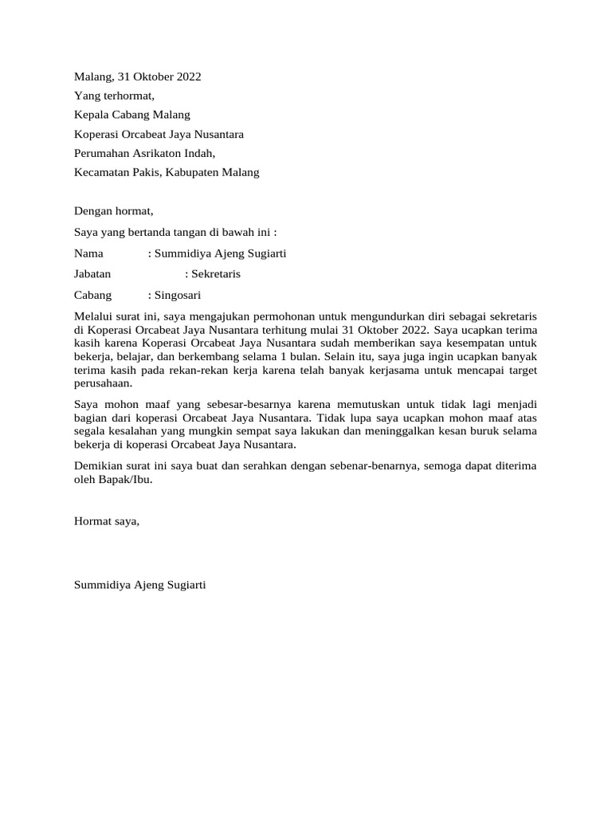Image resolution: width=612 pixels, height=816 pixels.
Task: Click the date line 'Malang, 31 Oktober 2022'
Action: tap(137, 77)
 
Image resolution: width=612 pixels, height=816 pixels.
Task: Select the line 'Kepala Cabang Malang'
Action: tap(132, 115)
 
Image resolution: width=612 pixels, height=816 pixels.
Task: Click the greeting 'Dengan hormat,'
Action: tap(113, 211)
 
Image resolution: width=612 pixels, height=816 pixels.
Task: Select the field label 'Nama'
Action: tap(89, 254)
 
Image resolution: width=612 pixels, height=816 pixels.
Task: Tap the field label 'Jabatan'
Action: tap(92, 274)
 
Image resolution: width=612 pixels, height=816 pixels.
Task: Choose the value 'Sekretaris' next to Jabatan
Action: tap(215, 274)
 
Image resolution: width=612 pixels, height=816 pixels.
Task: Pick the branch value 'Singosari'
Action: tap(178, 294)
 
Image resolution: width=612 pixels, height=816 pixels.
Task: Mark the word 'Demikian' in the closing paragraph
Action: tap(97, 466)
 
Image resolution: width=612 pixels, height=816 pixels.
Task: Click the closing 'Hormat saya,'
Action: tap(107, 521)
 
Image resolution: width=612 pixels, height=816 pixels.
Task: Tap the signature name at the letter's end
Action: tap(140, 585)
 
